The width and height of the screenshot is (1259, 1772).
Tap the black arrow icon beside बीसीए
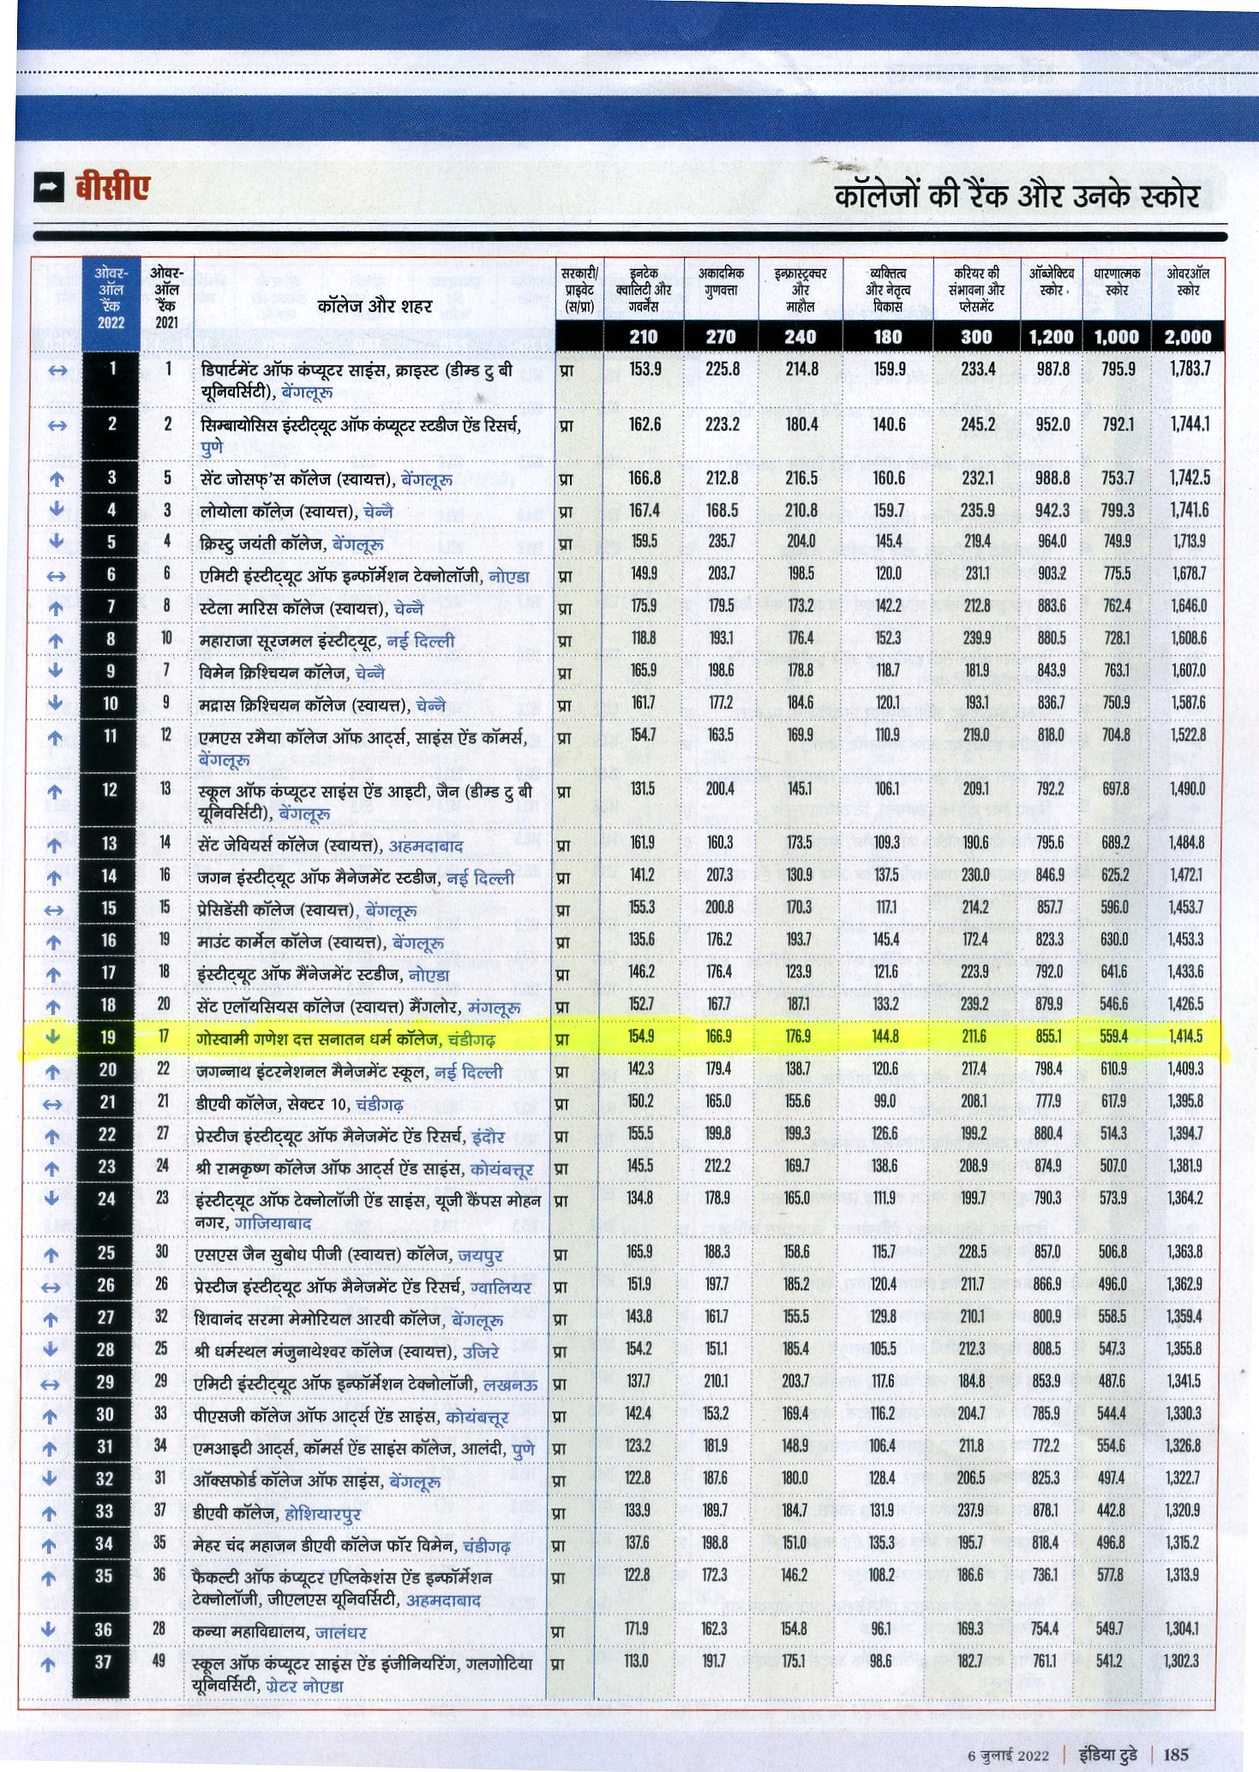[50, 188]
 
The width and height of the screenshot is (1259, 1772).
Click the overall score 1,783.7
[1190, 369]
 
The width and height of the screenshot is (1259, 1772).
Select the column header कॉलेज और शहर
[375, 306]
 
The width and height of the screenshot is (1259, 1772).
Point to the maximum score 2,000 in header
[1188, 337]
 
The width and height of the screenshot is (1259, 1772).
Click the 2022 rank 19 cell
[108, 1037]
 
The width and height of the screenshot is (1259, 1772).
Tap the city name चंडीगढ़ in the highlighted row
[471, 1040]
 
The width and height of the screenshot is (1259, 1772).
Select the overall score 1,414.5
[1185, 1036]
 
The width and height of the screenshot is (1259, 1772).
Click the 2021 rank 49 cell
[159, 1661]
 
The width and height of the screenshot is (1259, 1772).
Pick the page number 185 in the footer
[1176, 1754]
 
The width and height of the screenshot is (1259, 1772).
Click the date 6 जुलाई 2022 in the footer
[1008, 1755]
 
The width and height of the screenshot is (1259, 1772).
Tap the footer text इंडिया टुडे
[1108, 1754]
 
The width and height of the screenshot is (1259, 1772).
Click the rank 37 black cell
[103, 1661]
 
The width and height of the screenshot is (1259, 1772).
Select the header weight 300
[976, 337]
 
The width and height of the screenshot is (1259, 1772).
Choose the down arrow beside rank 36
[49, 1629]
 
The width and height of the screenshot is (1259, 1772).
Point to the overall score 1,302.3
[1182, 1661]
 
